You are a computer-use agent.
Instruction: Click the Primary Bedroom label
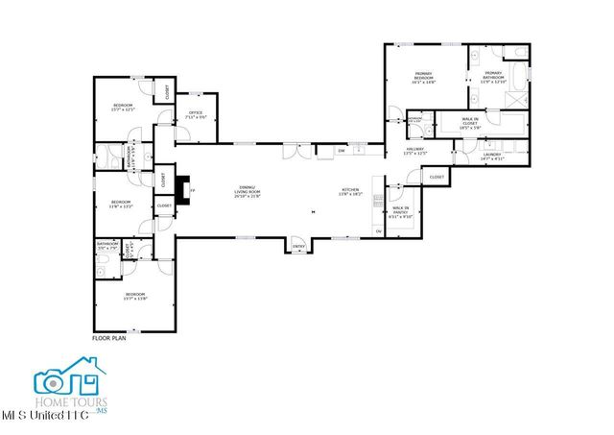(x=424, y=78)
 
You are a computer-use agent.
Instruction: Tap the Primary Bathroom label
(x=493, y=78)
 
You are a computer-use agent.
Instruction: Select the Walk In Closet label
(x=470, y=122)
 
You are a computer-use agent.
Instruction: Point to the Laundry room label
(x=466, y=156)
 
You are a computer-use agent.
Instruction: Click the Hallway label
(x=414, y=152)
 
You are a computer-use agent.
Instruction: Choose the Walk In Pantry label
(x=400, y=212)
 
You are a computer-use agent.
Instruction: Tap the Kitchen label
(x=351, y=192)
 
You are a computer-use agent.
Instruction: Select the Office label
(x=196, y=115)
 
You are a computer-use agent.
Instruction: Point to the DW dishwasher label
(x=341, y=150)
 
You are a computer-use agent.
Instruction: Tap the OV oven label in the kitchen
(x=379, y=231)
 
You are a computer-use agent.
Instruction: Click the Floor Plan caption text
(x=109, y=338)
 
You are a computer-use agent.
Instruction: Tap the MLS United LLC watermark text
(x=45, y=416)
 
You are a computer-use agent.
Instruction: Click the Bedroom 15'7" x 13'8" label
(x=133, y=296)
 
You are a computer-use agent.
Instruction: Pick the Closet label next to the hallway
(x=437, y=178)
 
